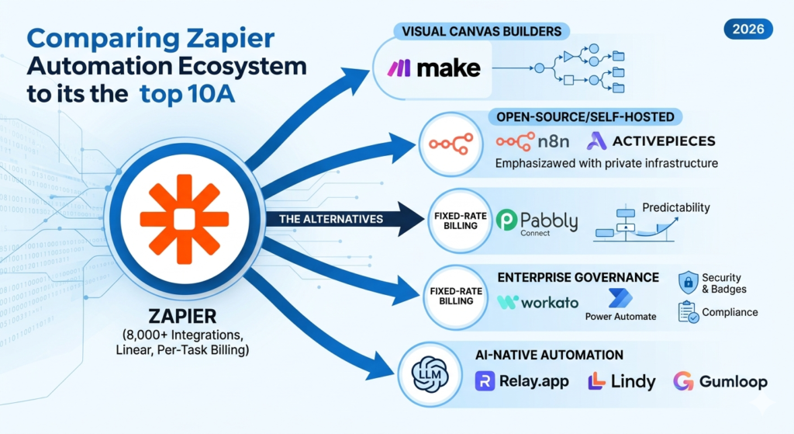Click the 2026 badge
749,30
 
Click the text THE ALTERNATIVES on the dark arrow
331,219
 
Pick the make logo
434,68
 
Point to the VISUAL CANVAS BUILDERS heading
482,32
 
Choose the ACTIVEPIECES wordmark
651,141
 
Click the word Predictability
676,208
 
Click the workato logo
537,302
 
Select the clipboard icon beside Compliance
688,312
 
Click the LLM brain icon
427,372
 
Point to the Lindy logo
622,381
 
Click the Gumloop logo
720,381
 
